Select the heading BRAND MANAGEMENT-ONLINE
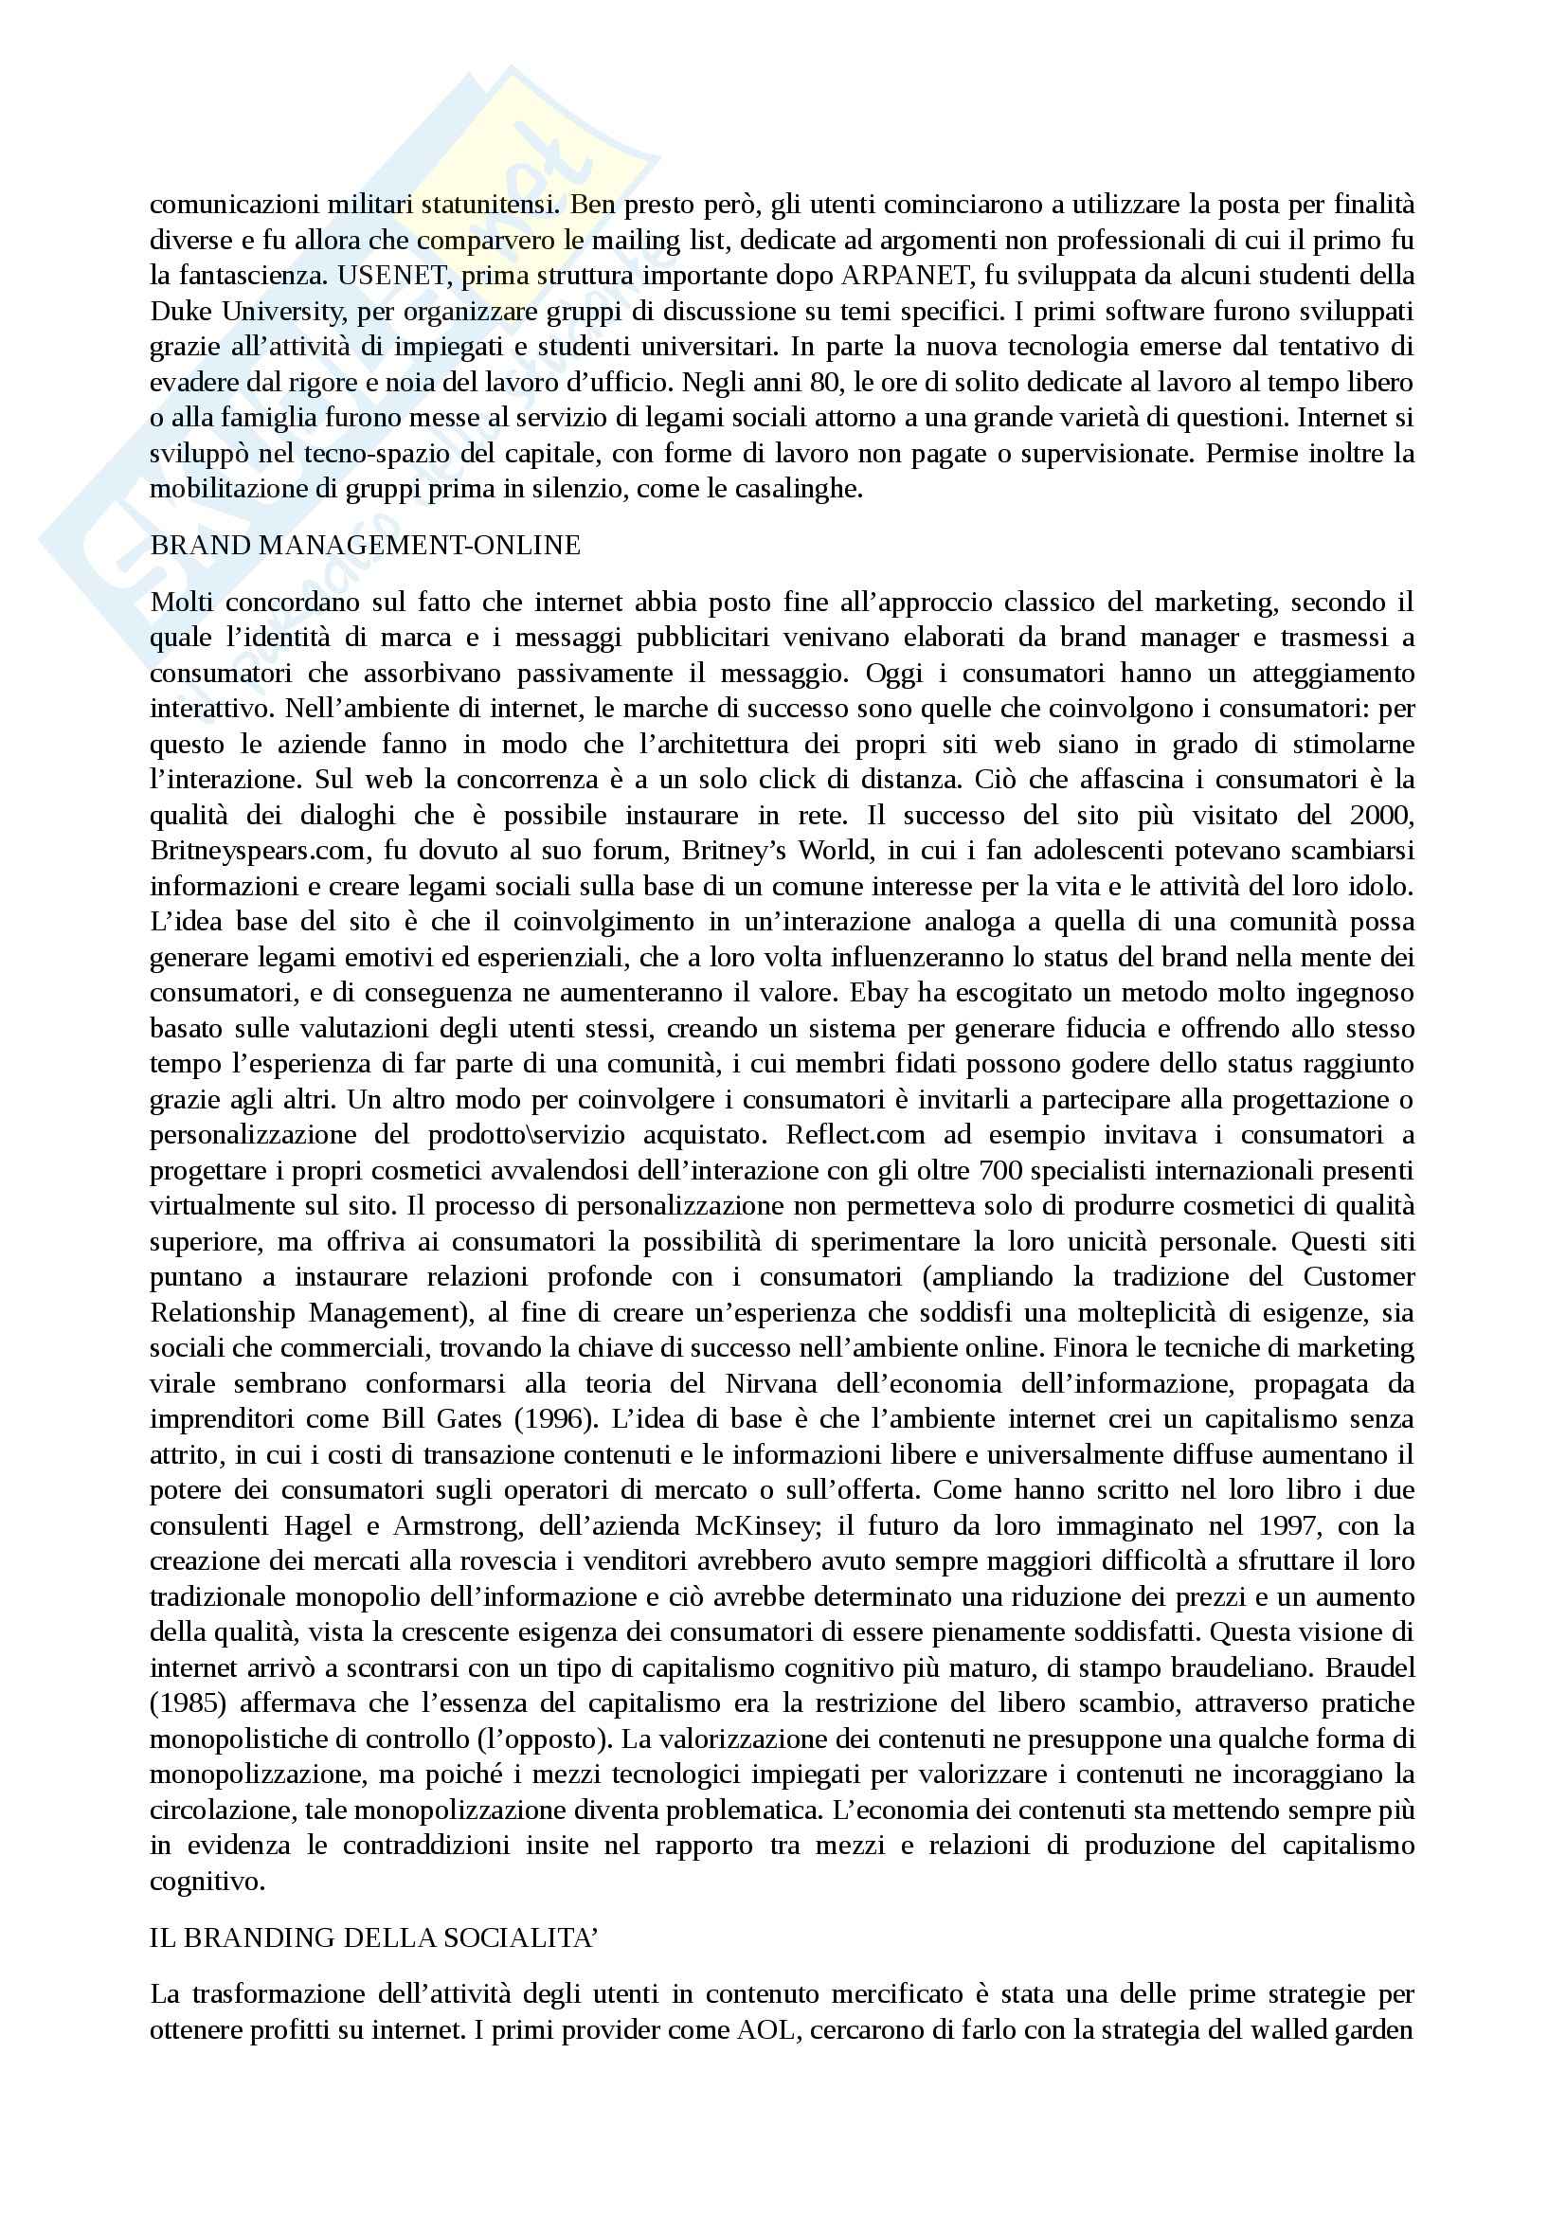(x=366, y=546)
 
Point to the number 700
(x=999, y=1170)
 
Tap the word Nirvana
(x=771, y=1383)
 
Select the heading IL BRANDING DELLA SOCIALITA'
(x=374, y=1938)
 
